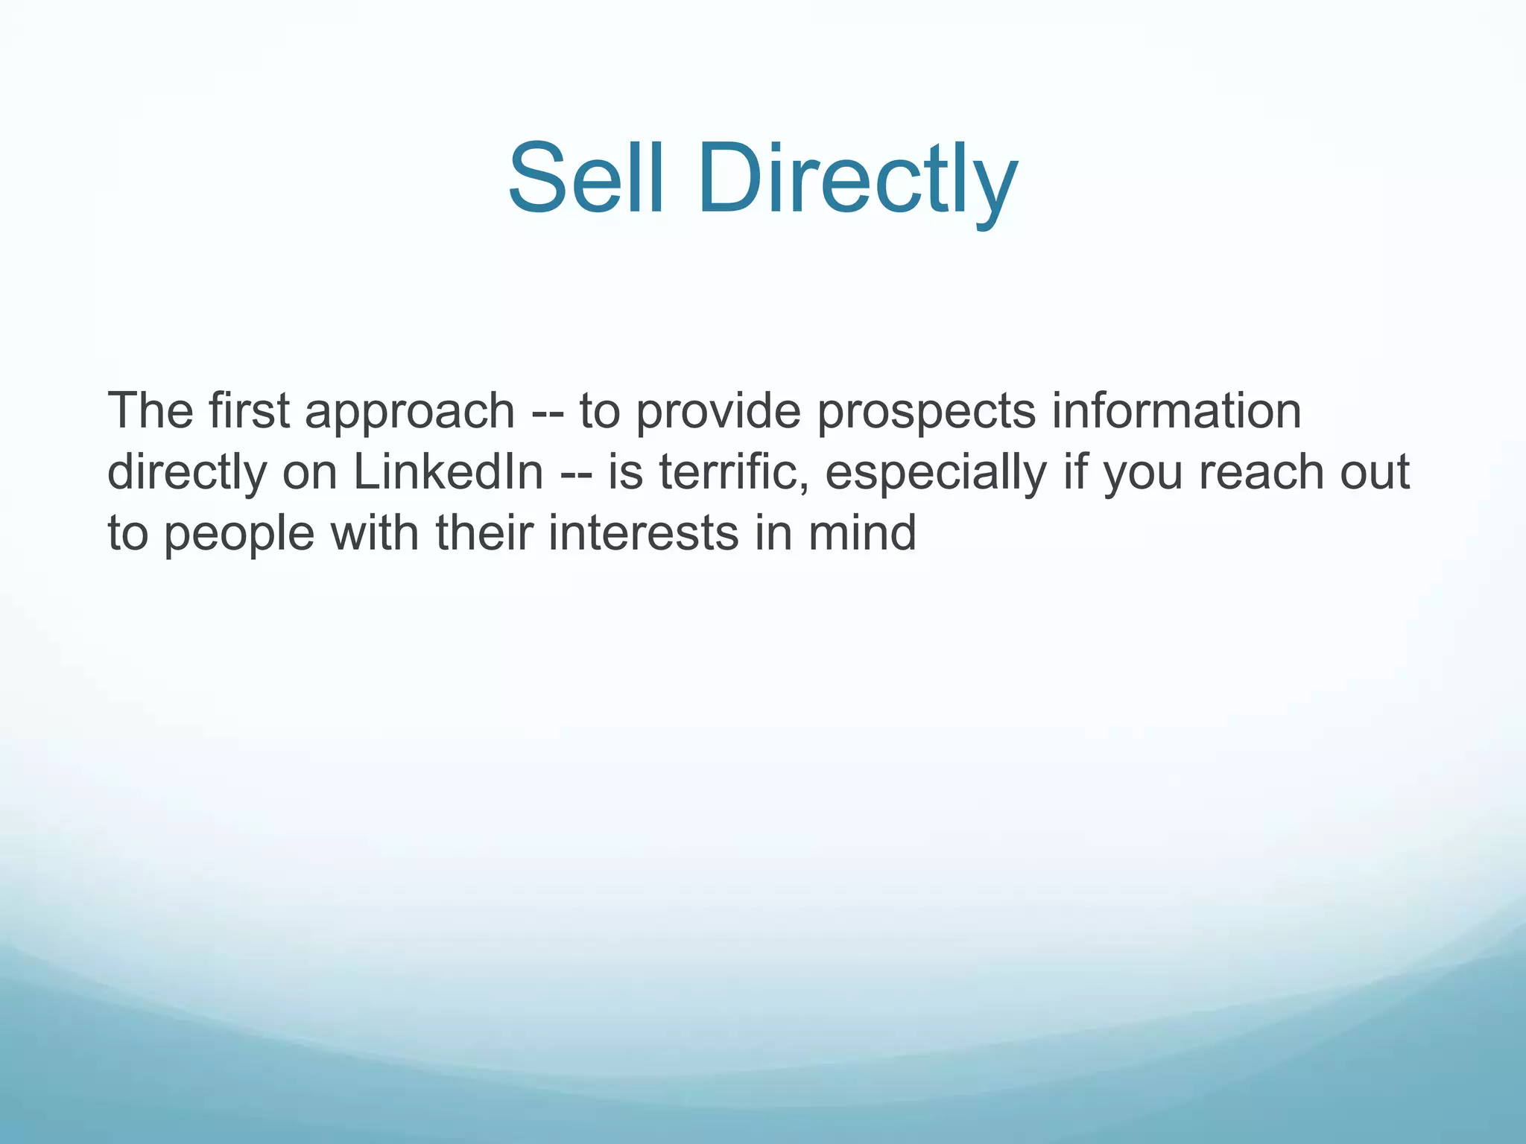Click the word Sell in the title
pyautogui.click(x=585, y=179)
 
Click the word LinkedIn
pyautogui.click(x=448, y=472)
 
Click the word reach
pyautogui.click(x=1262, y=472)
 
